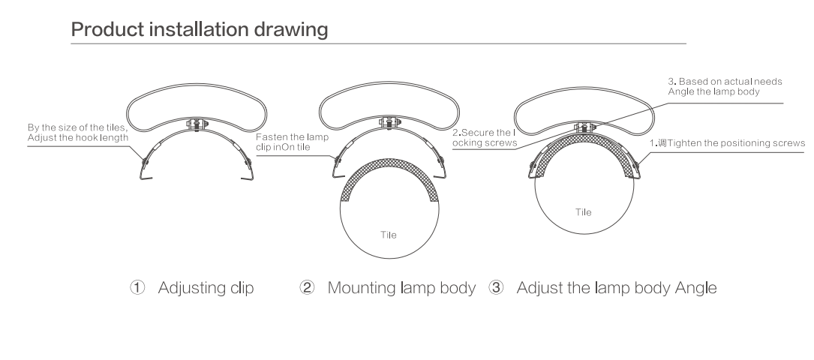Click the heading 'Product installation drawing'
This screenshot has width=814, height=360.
[x=200, y=29]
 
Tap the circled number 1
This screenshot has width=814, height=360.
[x=137, y=287]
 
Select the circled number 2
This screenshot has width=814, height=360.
[x=308, y=287]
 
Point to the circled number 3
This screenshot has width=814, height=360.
[x=497, y=287]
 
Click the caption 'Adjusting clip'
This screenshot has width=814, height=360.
[x=206, y=288]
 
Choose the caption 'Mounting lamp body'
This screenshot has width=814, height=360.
[x=401, y=288]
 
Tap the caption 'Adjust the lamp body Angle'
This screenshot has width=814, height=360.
[x=617, y=288]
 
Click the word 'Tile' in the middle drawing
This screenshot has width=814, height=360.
[x=389, y=235]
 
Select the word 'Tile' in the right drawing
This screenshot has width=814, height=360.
[x=584, y=212]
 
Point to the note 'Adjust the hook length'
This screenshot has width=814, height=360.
[x=78, y=138]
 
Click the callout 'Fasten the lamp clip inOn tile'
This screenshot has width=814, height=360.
[x=292, y=142]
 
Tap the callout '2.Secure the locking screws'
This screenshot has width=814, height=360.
[x=485, y=137]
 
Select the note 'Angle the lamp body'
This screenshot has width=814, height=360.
[x=713, y=91]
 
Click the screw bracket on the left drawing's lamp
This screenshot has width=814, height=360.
[x=197, y=124]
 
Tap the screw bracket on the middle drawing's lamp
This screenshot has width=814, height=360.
[x=389, y=123]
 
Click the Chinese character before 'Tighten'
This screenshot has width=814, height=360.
[x=662, y=143]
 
